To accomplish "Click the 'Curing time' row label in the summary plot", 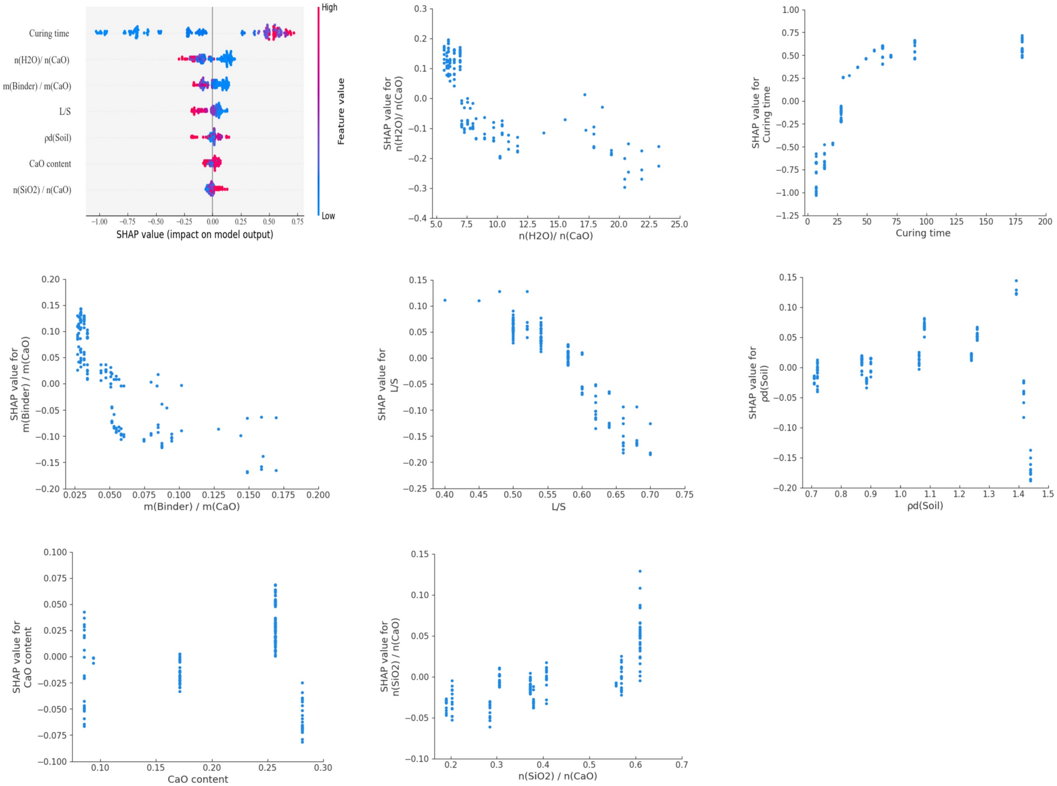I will pos(49,33).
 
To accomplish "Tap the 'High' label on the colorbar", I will pos(330,7).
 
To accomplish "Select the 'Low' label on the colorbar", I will pos(328,216).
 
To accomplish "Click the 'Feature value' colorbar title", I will pos(341,112).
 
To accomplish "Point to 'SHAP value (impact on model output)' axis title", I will pos(195,235).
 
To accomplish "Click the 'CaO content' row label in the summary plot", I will pos(50,164).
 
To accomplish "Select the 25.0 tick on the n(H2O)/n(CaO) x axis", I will pos(679,224).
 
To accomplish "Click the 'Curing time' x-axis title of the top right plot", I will pos(923,233).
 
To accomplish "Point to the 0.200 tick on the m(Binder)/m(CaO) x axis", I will pos(318,495).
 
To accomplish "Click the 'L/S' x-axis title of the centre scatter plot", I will pos(559,507).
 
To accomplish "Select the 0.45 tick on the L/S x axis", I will pos(479,495).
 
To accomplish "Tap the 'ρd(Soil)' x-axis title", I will pos(925,506).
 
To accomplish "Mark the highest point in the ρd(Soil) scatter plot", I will pos(1017,281).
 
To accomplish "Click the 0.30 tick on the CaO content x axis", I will pos(323,768).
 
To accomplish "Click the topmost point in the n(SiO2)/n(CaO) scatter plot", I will pos(640,571).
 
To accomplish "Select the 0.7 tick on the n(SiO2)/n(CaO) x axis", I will pos(682,764).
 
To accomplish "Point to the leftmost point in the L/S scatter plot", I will pos(445,300).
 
